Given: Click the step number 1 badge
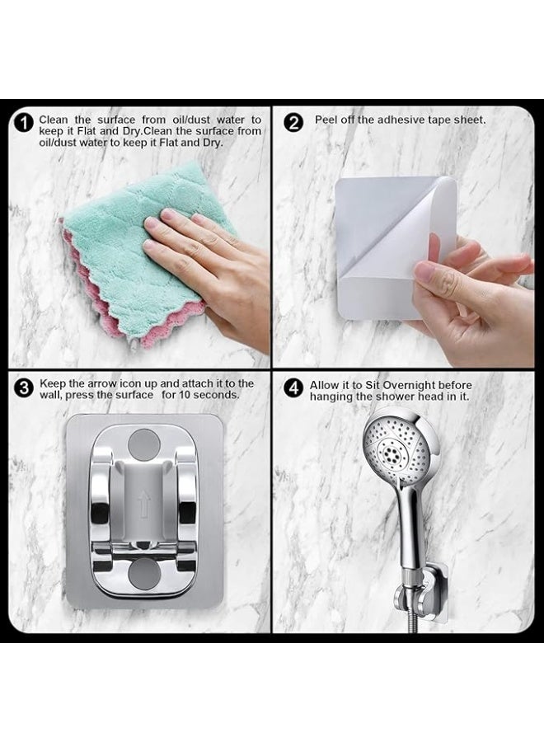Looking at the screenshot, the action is [24, 123].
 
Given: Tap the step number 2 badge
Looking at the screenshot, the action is [293, 123].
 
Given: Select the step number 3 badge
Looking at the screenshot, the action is [24, 388].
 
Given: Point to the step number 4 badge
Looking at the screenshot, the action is [293, 388].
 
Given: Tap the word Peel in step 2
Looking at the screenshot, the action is [326, 120].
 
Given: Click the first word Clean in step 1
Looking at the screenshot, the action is [54, 120].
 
